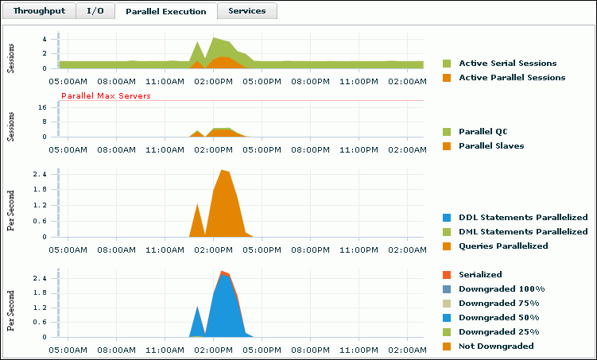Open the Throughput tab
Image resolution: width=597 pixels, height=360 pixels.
tap(40, 11)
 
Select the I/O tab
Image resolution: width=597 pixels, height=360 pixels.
tap(95, 11)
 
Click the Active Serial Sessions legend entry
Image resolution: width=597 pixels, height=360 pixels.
tap(507, 63)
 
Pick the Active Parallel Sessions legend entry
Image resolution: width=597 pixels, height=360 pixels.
tap(512, 77)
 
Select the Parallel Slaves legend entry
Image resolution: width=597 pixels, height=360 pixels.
tap(491, 145)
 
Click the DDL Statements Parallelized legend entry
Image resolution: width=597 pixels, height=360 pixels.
tap(523, 217)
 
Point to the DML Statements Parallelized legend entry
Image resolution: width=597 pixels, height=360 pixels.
tap(523, 231)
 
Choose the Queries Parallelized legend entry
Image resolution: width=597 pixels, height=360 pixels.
tap(503, 246)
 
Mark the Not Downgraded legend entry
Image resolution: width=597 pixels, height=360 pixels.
tap(496, 346)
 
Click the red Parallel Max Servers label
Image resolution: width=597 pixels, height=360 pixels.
tap(106, 96)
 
